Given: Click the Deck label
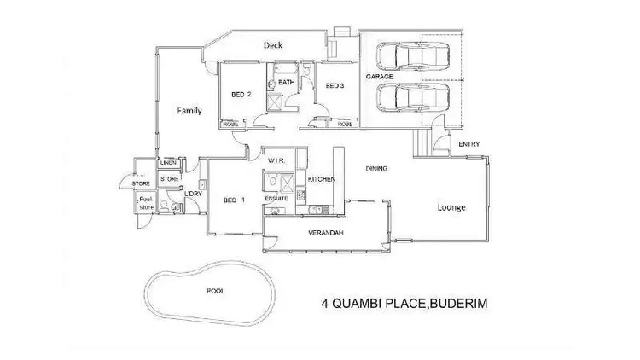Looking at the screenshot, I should (x=272, y=45).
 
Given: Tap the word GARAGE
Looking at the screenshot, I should (x=380, y=76).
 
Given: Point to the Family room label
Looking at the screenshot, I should (x=189, y=111).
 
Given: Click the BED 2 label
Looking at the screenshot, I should (x=241, y=95).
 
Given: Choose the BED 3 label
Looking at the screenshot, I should (x=334, y=85).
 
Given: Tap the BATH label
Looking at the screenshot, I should (x=287, y=82).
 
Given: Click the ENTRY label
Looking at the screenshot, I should (x=468, y=144).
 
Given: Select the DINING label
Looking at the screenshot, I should (x=376, y=168).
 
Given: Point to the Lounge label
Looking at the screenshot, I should (x=451, y=206).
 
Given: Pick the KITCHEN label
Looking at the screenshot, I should (x=322, y=179).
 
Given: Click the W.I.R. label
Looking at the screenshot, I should (x=276, y=160).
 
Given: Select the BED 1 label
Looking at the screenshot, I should (x=232, y=200).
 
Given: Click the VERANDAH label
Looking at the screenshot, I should (x=324, y=231).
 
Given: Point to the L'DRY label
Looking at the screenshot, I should (x=193, y=194).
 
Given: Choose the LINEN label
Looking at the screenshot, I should (x=169, y=163).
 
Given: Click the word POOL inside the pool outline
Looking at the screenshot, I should (x=216, y=291).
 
